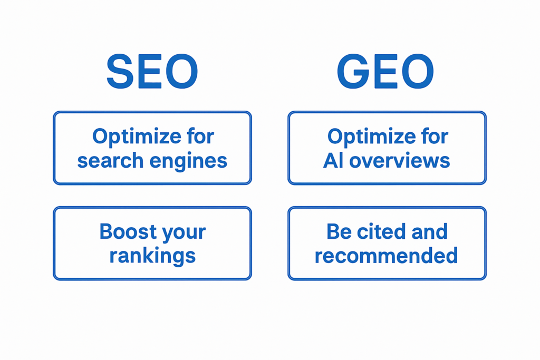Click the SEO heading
point(152,71)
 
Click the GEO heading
point(385,71)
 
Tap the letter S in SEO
point(120,71)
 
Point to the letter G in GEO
point(353,71)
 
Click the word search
point(110,161)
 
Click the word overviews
point(400,161)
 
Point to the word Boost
point(128,231)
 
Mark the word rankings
point(152,256)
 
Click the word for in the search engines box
point(200,136)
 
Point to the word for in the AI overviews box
point(435,136)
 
